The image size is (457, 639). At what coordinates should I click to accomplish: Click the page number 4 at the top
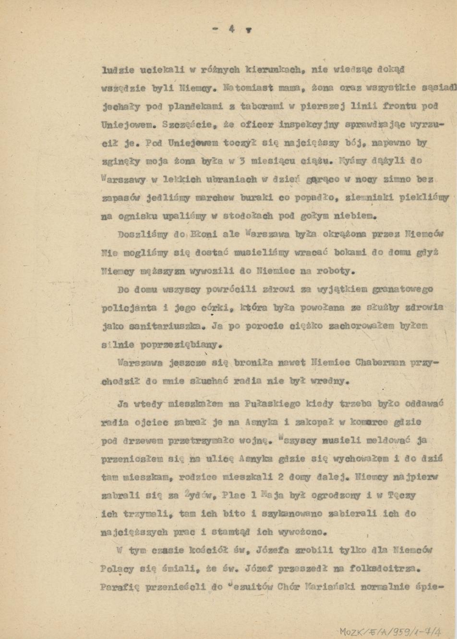(231, 29)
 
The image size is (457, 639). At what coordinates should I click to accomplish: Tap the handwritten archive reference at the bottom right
(390, 631)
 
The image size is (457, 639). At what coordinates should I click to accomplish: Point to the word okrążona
(344, 234)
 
